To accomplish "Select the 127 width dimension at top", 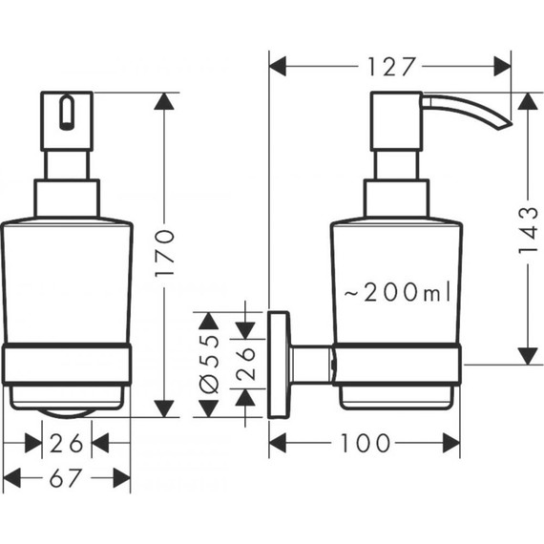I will pos(390,66).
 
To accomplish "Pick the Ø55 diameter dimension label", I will pos(211,365).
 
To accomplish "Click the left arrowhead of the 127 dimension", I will pos(279,66).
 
